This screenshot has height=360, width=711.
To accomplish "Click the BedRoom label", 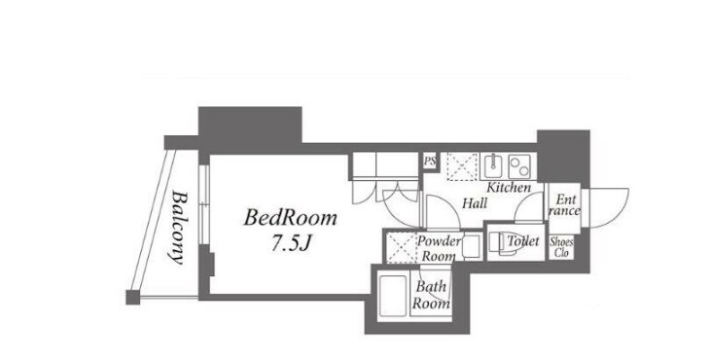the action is [x=290, y=218].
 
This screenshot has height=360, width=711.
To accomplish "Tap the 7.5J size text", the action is [x=291, y=244].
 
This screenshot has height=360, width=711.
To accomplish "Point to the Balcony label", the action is [x=180, y=228].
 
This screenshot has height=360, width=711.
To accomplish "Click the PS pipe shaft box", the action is [x=429, y=161].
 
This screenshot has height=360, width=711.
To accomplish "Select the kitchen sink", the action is [x=493, y=166].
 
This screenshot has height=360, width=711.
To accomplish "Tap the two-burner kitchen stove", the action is [x=519, y=166].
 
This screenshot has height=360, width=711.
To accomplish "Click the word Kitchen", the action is [x=509, y=187].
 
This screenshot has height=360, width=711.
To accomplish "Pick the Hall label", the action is [x=475, y=203].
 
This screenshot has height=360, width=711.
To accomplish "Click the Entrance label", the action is [x=564, y=205].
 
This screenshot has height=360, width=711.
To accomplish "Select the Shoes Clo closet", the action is [x=561, y=247].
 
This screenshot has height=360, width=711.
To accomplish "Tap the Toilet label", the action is [x=523, y=241].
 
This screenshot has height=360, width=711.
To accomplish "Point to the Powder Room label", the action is [x=438, y=248].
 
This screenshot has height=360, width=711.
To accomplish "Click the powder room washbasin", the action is [x=472, y=246].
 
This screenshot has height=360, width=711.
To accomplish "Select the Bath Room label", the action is [x=431, y=295].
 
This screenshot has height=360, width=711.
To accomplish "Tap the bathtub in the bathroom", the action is [x=392, y=296].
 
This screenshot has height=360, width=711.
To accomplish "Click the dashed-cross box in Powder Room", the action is [x=401, y=247].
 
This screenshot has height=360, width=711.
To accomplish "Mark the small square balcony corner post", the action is [x=133, y=298].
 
